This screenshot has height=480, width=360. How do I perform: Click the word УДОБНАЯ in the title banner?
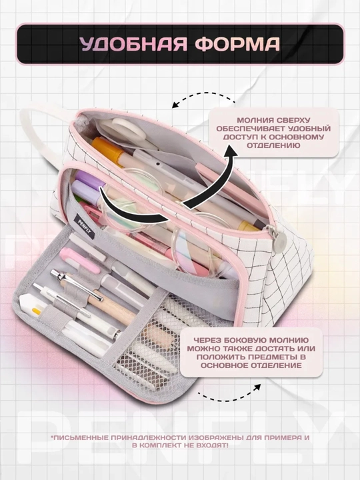click(x=133, y=44)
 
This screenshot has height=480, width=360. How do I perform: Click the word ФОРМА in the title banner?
click(x=237, y=44)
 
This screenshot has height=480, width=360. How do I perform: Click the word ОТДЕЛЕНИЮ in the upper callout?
click(x=273, y=145)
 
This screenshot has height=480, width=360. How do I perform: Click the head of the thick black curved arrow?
click(x=231, y=151)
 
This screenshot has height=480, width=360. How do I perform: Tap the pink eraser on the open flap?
click(x=79, y=260)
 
